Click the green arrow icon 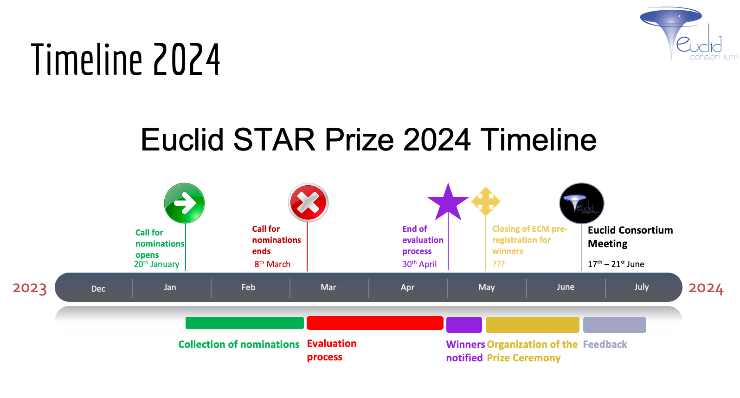point(184,203)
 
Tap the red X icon point(308,202)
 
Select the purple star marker point(448,203)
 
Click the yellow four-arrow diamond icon point(486,201)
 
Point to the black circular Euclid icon point(581,203)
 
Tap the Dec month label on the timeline point(98,288)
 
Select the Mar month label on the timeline point(328,287)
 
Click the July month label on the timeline point(641,287)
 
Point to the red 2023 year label point(30,288)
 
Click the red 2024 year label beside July point(706,288)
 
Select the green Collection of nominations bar point(245,323)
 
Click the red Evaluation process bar point(375,323)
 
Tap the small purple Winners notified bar point(464,325)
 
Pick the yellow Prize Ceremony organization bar point(532,325)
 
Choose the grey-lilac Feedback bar point(614,325)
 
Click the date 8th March point(272,264)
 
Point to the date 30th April point(419,264)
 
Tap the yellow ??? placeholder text point(498,264)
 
